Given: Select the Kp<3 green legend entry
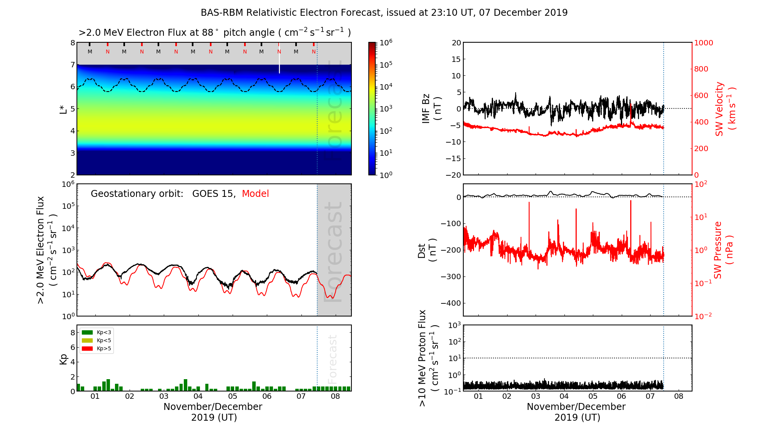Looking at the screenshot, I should (x=97, y=332).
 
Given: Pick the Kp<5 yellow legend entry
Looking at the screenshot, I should (x=97, y=340).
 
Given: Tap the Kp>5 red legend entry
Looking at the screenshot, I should (x=97, y=349).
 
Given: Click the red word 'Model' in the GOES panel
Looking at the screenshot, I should (x=255, y=194).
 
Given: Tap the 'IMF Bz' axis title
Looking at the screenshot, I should (x=431, y=109).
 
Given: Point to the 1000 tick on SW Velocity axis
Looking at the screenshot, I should (x=703, y=43).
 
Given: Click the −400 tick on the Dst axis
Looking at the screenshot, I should (x=451, y=303).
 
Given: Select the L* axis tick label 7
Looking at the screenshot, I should (x=72, y=65).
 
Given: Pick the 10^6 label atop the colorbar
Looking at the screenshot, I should (x=386, y=42).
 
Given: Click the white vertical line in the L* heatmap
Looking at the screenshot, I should (x=280, y=62).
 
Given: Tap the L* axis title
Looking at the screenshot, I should (x=63, y=109).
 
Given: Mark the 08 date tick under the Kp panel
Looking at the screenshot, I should (x=335, y=396).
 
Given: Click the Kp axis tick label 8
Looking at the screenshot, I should (x=72, y=333).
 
